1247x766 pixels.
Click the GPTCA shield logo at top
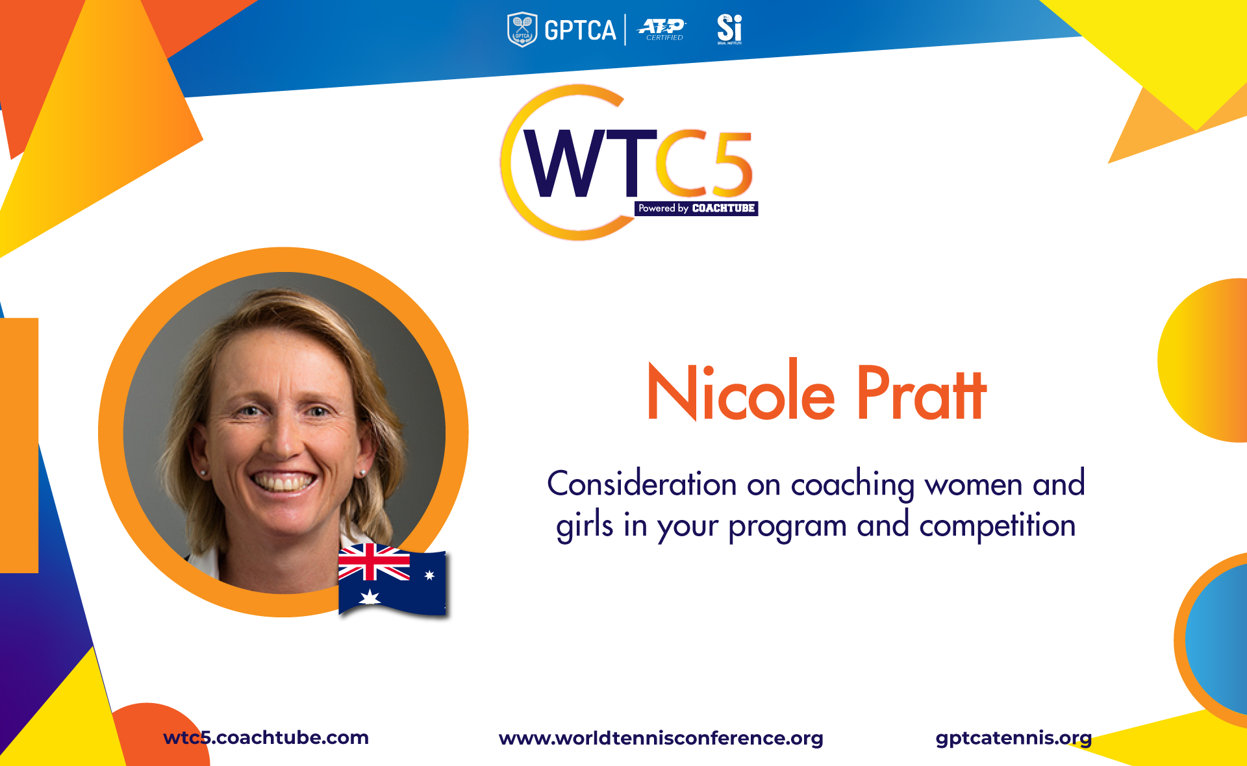point(522,29)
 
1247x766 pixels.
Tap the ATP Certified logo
point(661,29)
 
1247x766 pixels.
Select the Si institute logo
point(729,29)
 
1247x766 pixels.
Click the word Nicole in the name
point(741,390)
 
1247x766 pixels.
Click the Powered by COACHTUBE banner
point(696,208)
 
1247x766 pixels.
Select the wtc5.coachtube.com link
point(266,737)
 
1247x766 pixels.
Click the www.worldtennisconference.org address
point(661,738)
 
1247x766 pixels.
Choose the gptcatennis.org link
point(1013,738)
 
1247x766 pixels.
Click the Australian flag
point(392,579)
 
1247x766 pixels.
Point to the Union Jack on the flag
point(374,562)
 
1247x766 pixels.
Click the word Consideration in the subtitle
point(642,484)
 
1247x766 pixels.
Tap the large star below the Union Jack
point(370,597)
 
